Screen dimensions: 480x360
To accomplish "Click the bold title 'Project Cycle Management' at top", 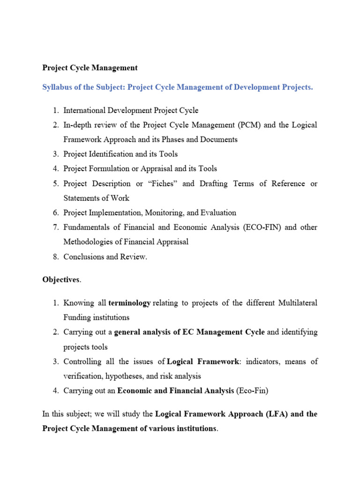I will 90,68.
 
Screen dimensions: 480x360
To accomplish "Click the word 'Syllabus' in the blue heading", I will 57,88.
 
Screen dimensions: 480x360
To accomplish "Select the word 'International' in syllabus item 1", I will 85,111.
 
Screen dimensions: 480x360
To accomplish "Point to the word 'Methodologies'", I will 89,242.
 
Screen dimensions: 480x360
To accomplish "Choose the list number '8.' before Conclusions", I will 55,257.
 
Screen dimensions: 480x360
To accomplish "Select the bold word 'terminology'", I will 129,303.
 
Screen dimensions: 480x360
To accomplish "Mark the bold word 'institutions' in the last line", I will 193,429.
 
